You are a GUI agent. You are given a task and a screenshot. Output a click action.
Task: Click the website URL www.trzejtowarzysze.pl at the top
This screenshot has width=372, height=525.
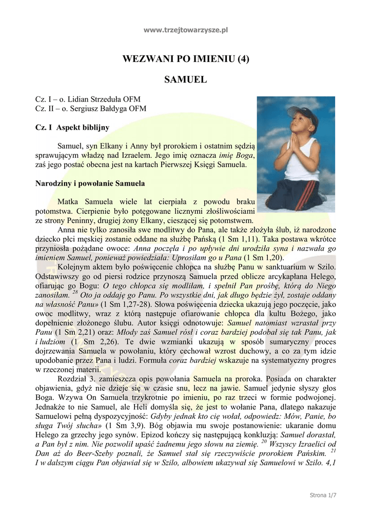click(x=186, y=30)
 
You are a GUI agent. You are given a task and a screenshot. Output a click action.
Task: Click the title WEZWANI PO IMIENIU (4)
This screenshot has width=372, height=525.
click(x=186, y=58)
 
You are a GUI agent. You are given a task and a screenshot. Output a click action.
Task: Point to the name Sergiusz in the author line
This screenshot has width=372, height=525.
click(x=81, y=108)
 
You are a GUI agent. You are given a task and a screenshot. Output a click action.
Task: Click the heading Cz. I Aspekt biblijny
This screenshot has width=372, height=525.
click(x=72, y=127)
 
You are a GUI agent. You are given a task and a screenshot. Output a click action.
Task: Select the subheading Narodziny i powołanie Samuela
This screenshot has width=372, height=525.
click(x=90, y=183)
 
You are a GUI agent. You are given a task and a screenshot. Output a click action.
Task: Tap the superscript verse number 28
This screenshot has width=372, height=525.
click(x=75, y=293)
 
